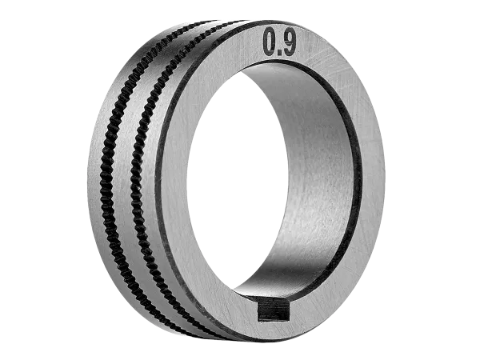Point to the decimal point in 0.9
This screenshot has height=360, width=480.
[x=279, y=53]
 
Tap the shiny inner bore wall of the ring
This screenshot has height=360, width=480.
[x=318, y=171]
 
